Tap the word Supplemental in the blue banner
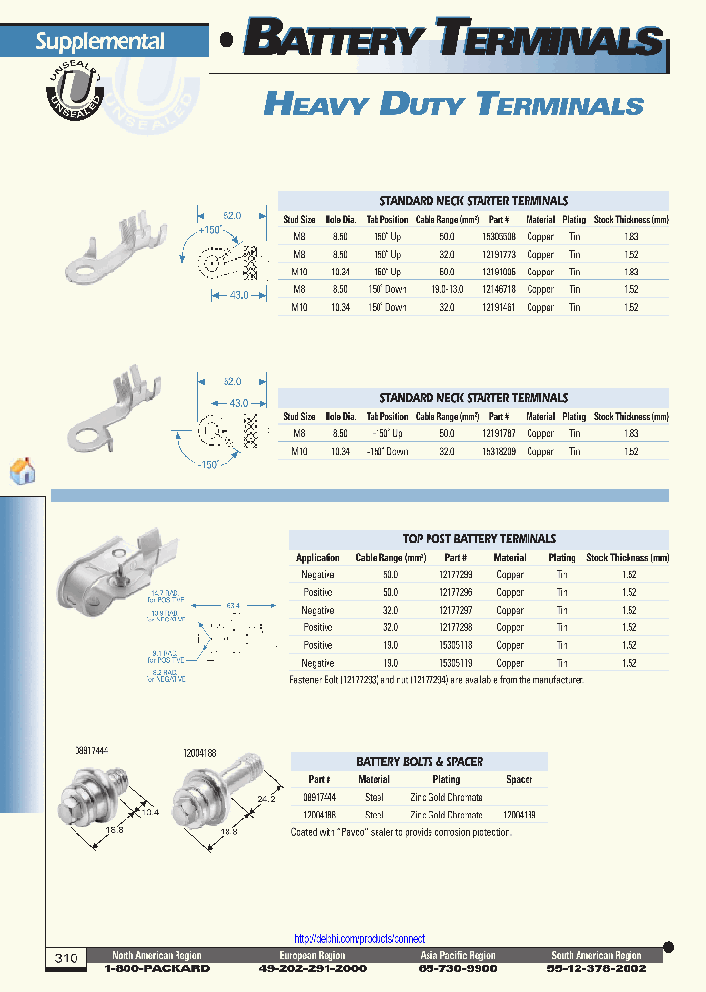coord(100,42)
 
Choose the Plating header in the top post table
coord(562,557)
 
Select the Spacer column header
coord(519,779)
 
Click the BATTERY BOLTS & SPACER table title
coord(419,761)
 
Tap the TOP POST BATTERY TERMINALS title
coord(479,538)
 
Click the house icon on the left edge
coord(23,471)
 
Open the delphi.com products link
coord(360,938)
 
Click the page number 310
coord(66,957)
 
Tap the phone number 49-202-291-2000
coord(313,968)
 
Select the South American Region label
coord(596,955)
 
